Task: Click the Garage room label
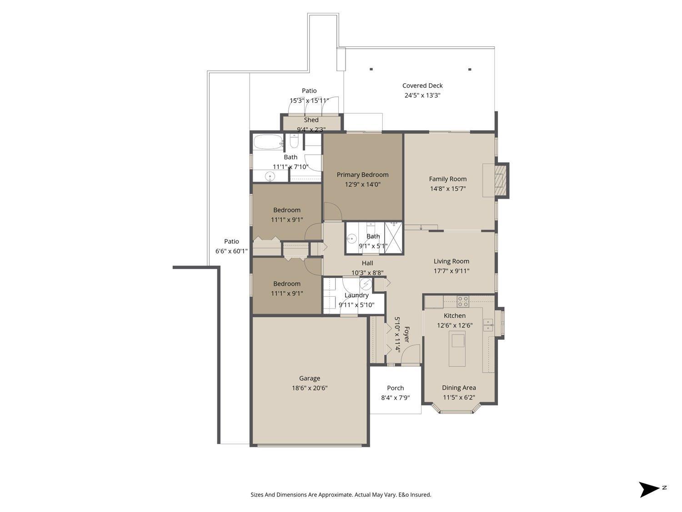pos(309,378)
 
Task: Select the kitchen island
pos(457,348)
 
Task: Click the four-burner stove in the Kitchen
pos(463,301)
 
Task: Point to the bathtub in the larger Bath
pos(268,142)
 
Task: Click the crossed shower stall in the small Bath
pos(393,237)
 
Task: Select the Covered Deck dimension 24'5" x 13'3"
pos(422,96)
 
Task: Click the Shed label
pos(311,120)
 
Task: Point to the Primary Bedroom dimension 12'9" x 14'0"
pos(362,184)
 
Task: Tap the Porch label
pos(395,388)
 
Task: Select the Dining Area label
pos(459,388)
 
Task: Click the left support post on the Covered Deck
pos(371,69)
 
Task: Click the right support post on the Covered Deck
pos(470,70)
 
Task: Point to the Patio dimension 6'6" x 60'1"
pos(231,251)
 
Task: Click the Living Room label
pos(451,261)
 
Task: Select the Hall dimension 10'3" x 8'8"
pos(367,273)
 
